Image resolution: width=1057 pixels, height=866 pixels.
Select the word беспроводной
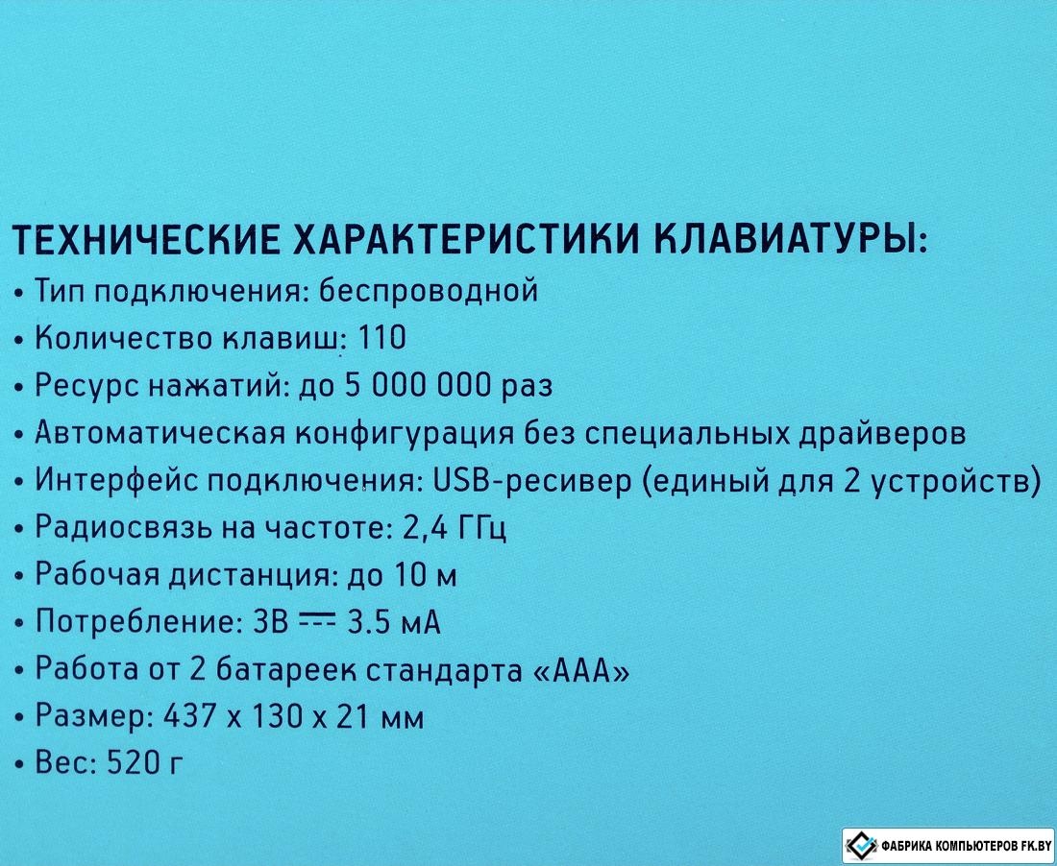(428, 292)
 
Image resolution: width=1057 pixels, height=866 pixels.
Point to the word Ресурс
(86, 387)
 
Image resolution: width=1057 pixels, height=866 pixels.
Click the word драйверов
(882, 434)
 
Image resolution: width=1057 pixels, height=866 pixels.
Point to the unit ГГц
(482, 529)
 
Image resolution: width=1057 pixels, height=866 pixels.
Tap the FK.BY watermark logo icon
(862, 845)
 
